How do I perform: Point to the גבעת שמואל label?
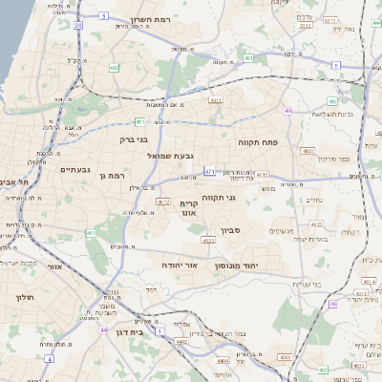[171, 155]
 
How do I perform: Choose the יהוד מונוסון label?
[252, 263]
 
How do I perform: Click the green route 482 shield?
[115, 67]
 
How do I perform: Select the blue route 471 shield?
[209, 172]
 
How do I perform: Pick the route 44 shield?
[101, 329]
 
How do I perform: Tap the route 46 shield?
[331, 304]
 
